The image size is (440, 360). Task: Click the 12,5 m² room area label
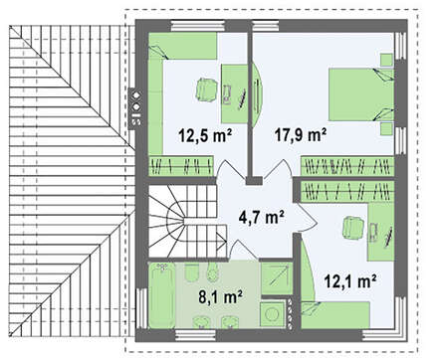205,135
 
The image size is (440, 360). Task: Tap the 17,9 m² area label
301,134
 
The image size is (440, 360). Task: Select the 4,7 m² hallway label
261,217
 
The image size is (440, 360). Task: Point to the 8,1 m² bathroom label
221,296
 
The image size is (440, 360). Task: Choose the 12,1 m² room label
350,281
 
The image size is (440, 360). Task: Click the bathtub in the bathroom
161,295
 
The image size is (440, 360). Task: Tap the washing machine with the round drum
273,313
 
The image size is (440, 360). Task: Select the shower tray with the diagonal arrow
276,278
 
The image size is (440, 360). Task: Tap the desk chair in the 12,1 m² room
353,228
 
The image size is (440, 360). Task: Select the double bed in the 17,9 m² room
361,94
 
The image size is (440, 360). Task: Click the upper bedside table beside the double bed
386,60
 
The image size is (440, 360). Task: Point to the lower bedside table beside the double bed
386,128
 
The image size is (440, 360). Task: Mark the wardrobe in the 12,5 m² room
181,165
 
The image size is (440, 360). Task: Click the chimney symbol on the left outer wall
135,107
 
